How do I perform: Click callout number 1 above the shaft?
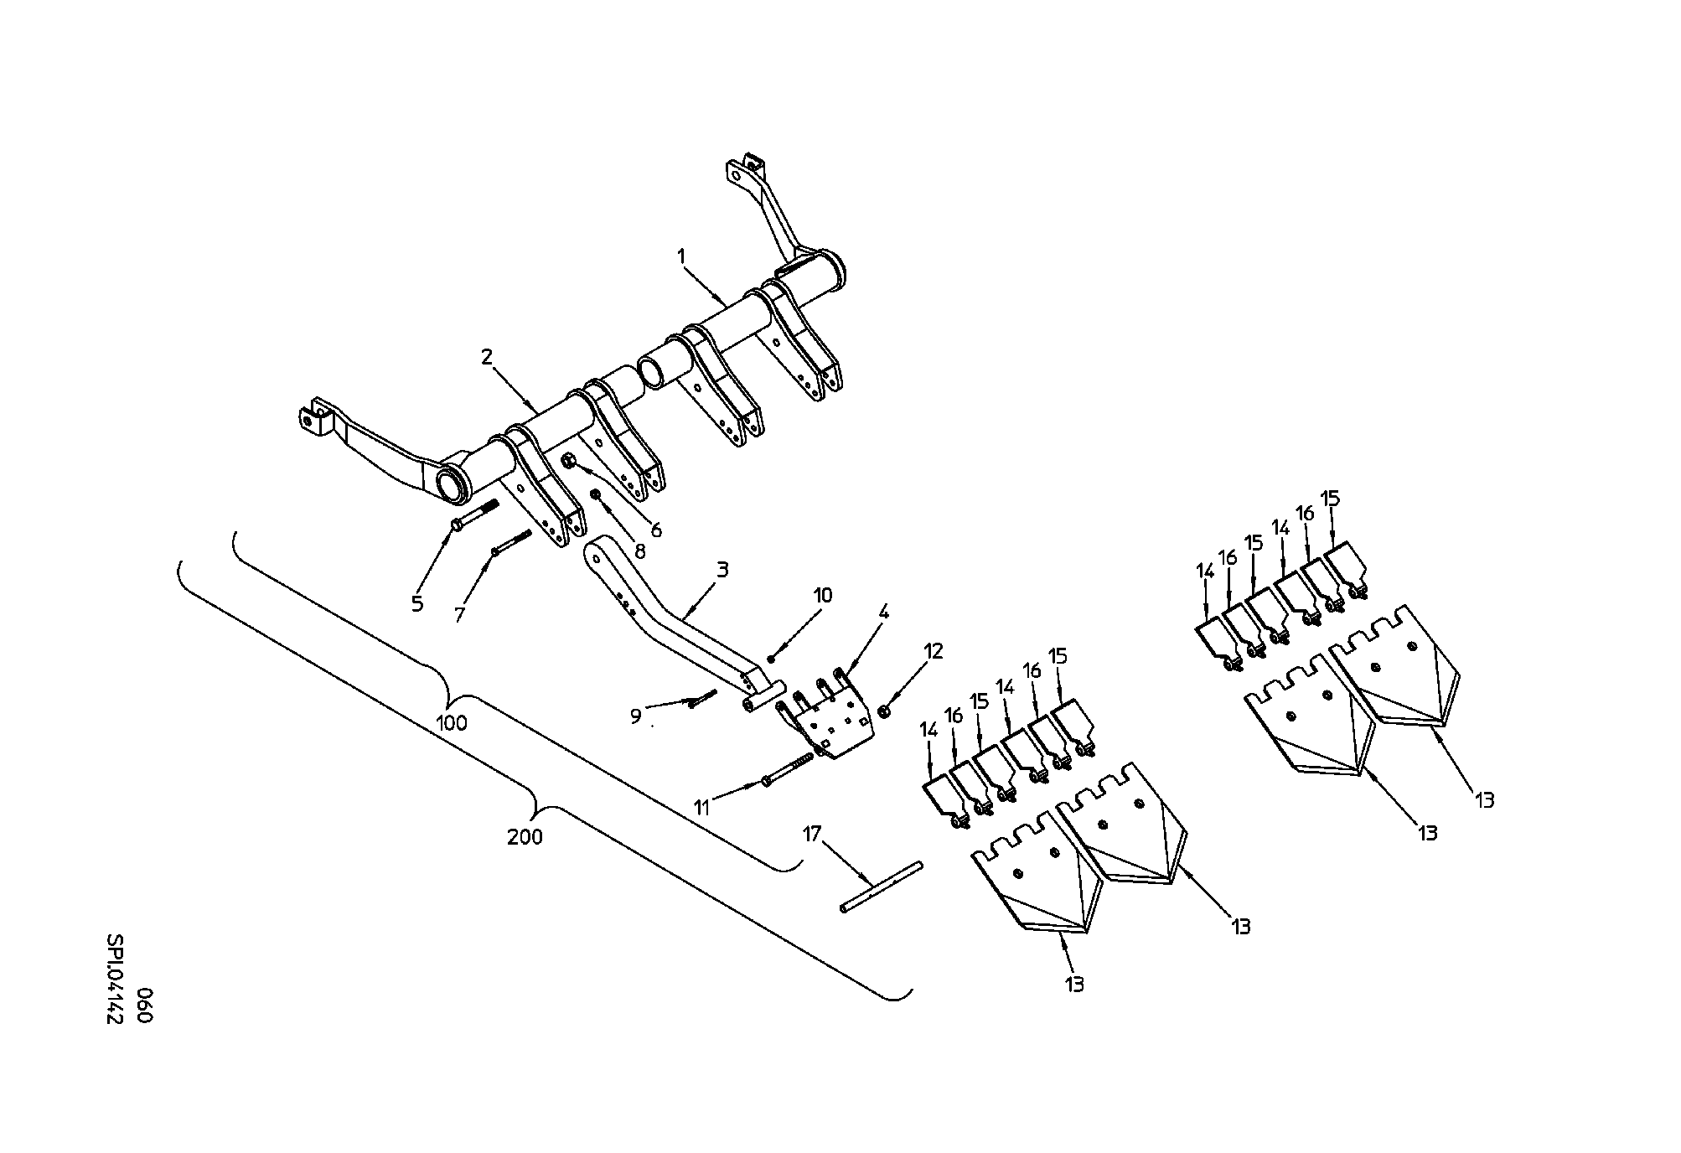(682, 254)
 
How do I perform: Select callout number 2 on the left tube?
(487, 357)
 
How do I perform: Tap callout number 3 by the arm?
(722, 571)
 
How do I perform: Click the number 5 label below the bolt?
(417, 603)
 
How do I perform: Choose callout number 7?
(458, 615)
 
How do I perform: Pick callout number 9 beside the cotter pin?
(635, 716)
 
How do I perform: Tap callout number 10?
(822, 596)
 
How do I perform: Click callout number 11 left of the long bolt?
(701, 808)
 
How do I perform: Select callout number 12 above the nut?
(933, 651)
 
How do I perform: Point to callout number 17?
(811, 834)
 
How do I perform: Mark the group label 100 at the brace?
(453, 723)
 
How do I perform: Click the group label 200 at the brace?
(525, 836)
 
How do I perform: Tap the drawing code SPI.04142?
(115, 980)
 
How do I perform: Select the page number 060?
(143, 1006)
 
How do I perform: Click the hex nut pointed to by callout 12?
(883, 711)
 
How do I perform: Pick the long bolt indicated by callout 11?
(789, 769)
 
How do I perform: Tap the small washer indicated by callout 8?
(596, 494)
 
